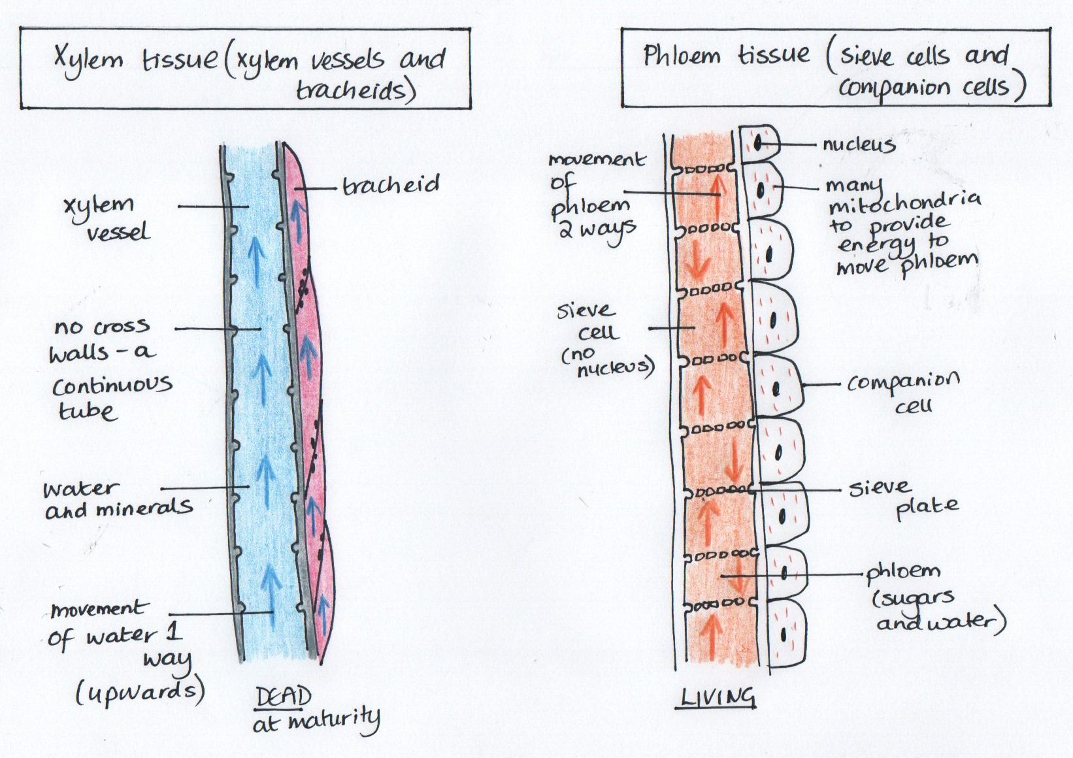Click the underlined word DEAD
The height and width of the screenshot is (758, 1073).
(x=283, y=698)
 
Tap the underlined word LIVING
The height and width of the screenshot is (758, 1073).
(x=718, y=698)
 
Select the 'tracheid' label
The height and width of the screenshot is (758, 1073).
(x=391, y=185)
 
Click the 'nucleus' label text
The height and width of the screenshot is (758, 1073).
(x=858, y=144)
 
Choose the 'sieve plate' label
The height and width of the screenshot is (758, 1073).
(x=904, y=497)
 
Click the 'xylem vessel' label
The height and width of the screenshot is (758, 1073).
(x=107, y=218)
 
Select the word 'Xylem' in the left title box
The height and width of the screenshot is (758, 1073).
(x=88, y=60)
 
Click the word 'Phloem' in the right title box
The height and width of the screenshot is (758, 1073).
(x=681, y=56)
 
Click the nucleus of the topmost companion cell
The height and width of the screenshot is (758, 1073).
(x=759, y=142)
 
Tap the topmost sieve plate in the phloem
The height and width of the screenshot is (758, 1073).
(x=705, y=169)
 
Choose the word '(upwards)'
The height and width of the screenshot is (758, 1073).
(x=140, y=691)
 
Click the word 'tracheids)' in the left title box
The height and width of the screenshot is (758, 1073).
(x=355, y=90)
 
